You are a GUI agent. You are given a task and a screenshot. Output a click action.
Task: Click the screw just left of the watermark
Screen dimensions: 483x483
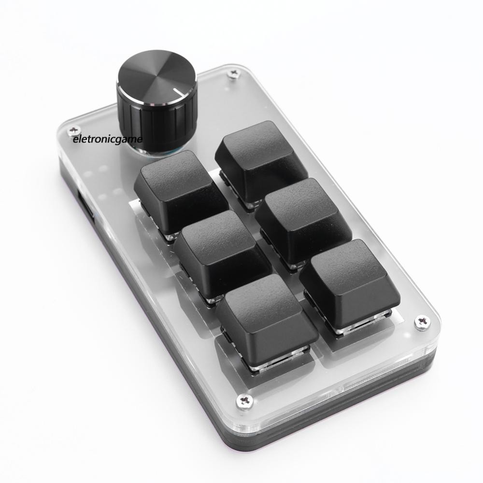(73, 130)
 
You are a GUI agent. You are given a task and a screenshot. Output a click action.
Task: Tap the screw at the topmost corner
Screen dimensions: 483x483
(234, 73)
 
